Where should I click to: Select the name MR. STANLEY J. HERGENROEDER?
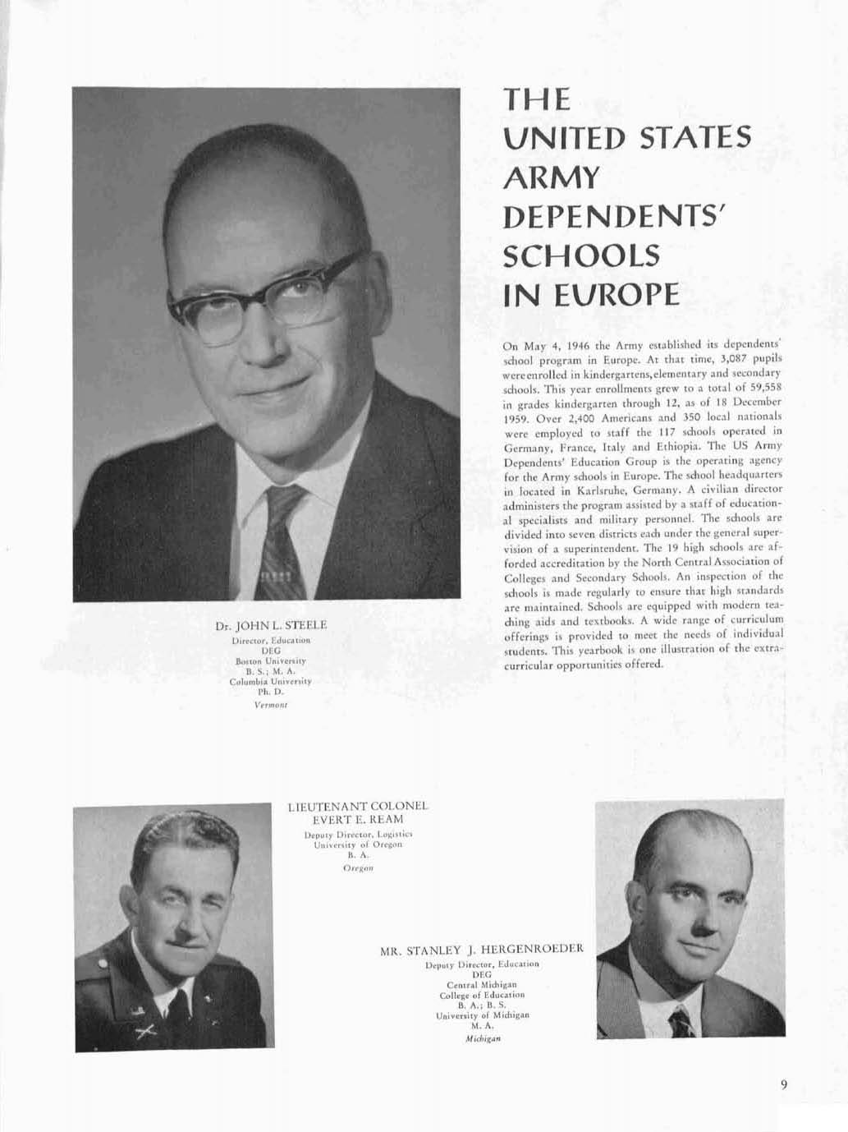(482, 950)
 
